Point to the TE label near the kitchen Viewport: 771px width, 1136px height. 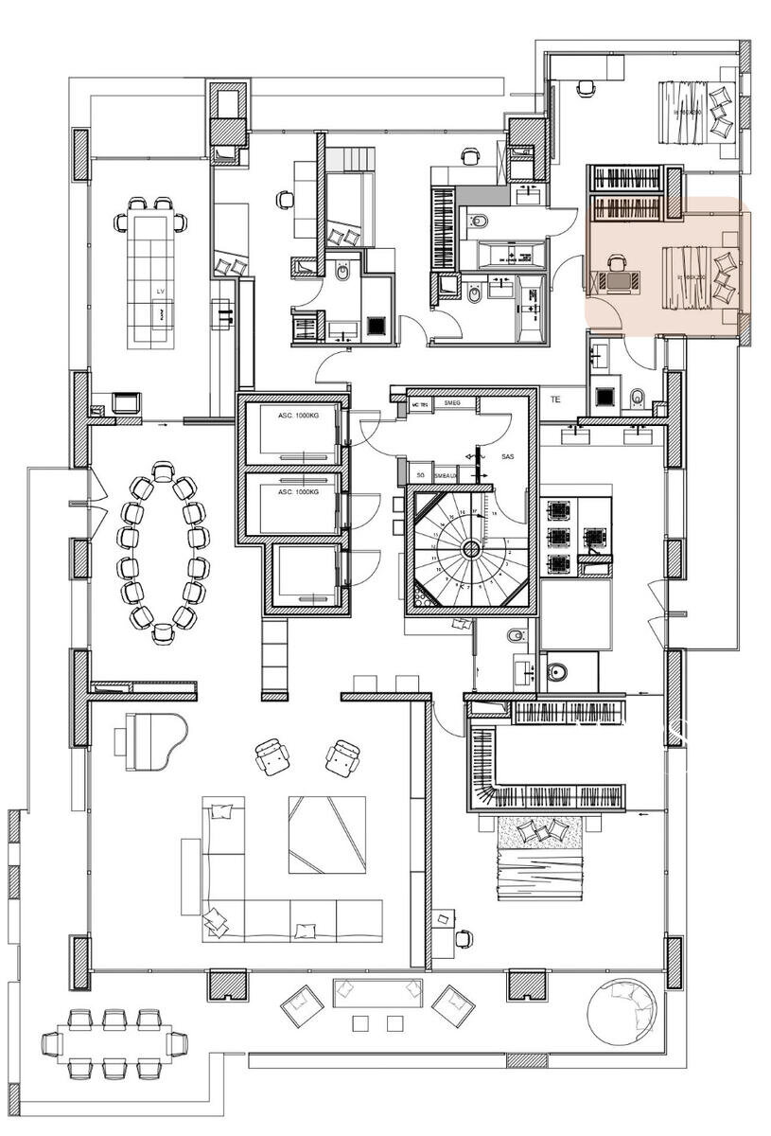(555, 399)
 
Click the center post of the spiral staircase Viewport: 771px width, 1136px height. (470, 549)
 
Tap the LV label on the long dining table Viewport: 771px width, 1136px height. (161, 293)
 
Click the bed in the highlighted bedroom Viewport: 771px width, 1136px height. (698, 276)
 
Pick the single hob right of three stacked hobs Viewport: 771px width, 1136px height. (594, 538)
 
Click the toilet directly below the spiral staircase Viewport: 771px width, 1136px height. (517, 635)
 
